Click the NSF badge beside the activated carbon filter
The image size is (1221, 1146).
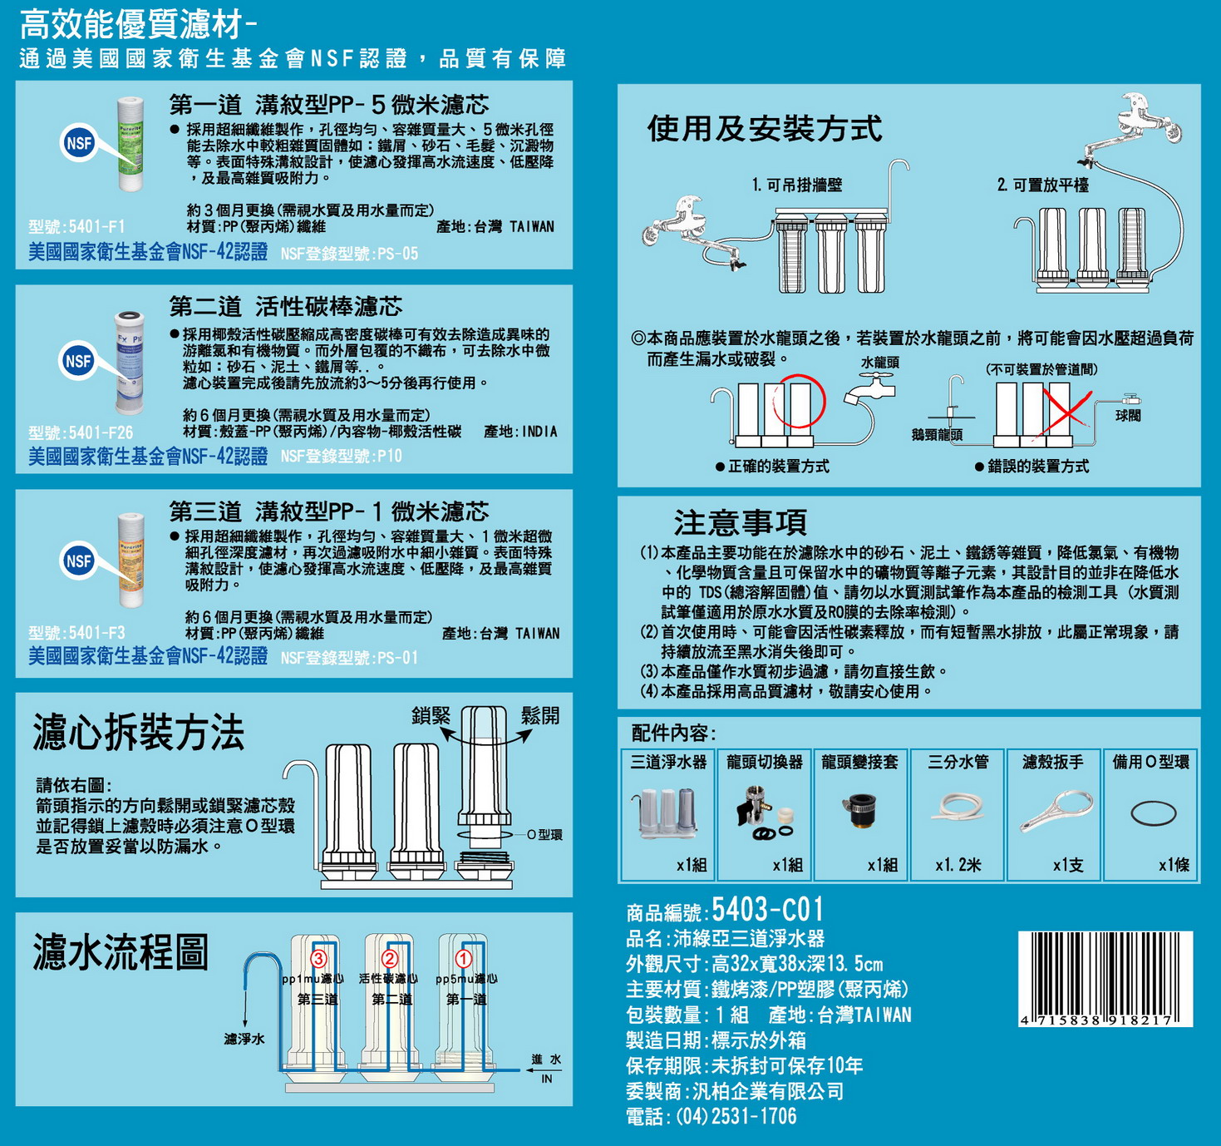click(78, 360)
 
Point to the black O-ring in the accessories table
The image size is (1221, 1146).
click(1153, 813)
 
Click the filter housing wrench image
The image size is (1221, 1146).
click(1056, 812)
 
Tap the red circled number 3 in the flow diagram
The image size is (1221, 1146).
click(318, 958)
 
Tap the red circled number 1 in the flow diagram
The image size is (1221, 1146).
click(463, 958)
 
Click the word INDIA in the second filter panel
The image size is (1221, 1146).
click(539, 432)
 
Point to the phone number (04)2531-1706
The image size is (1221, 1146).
click(736, 1116)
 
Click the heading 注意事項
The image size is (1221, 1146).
click(741, 522)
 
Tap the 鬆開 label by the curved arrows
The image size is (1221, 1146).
click(540, 715)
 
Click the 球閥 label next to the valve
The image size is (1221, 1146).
click(1128, 415)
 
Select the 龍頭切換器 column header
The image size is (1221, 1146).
click(764, 763)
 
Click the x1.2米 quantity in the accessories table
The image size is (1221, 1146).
click(958, 865)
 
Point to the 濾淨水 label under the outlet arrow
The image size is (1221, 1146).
click(244, 1039)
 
